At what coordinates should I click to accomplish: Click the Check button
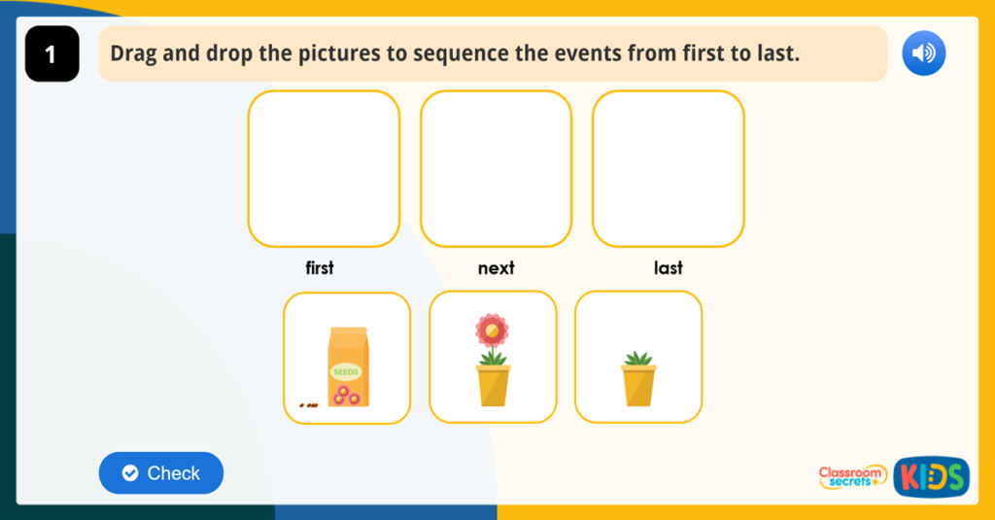(161, 473)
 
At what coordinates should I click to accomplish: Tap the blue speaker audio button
(923, 53)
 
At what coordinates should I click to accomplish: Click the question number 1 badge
(51, 54)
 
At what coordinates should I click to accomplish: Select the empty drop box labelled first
(324, 168)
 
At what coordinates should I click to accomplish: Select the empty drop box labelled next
(496, 168)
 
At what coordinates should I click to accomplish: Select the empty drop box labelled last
(668, 168)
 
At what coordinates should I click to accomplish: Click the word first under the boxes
(320, 268)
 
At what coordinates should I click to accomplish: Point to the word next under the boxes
(496, 268)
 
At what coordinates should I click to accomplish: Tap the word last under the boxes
(668, 268)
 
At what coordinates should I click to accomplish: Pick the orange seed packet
(348, 366)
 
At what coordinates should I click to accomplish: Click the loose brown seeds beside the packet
(308, 404)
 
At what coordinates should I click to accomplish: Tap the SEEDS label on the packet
(346, 371)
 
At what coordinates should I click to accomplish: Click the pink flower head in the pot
(492, 331)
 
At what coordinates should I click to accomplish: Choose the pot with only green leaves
(638, 378)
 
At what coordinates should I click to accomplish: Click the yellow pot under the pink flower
(493, 385)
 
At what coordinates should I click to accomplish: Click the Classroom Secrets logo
(852, 476)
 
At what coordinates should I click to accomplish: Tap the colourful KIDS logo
(931, 476)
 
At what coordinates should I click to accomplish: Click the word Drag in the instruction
(132, 53)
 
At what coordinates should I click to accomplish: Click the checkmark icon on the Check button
(130, 473)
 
